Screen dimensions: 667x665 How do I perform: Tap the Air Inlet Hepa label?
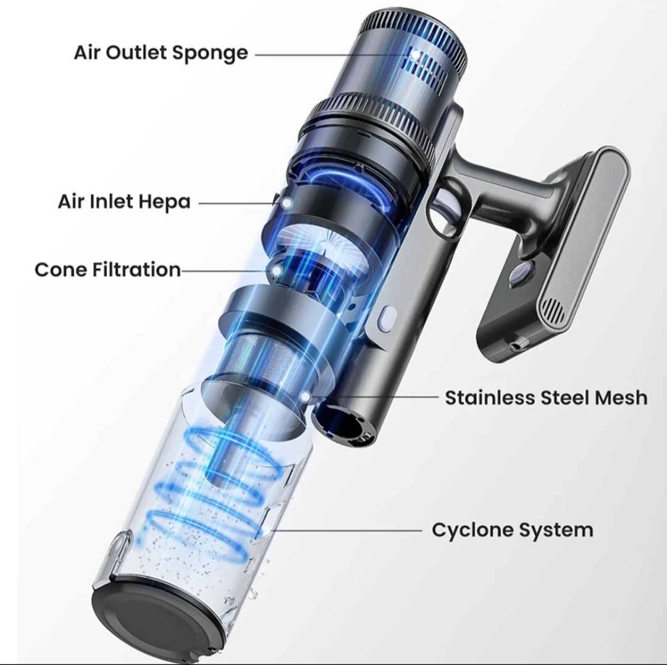pyautogui.click(x=124, y=202)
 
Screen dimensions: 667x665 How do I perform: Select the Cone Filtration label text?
pyautogui.click(x=107, y=269)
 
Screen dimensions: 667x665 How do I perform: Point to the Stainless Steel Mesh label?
pyautogui.click(x=546, y=397)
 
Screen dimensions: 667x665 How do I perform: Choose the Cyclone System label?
pyautogui.click(x=512, y=530)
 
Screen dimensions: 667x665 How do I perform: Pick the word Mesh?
pyautogui.click(x=621, y=397)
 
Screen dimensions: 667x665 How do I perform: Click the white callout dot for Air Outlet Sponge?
pyautogui.click(x=414, y=54)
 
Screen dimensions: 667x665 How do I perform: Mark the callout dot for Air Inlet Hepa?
pyautogui.click(x=287, y=203)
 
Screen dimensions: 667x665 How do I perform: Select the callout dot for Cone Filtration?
pyautogui.click(x=277, y=271)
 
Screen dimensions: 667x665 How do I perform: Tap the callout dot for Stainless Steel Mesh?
pyautogui.click(x=305, y=397)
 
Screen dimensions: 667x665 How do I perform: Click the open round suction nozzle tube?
pyautogui.click(x=344, y=423)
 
